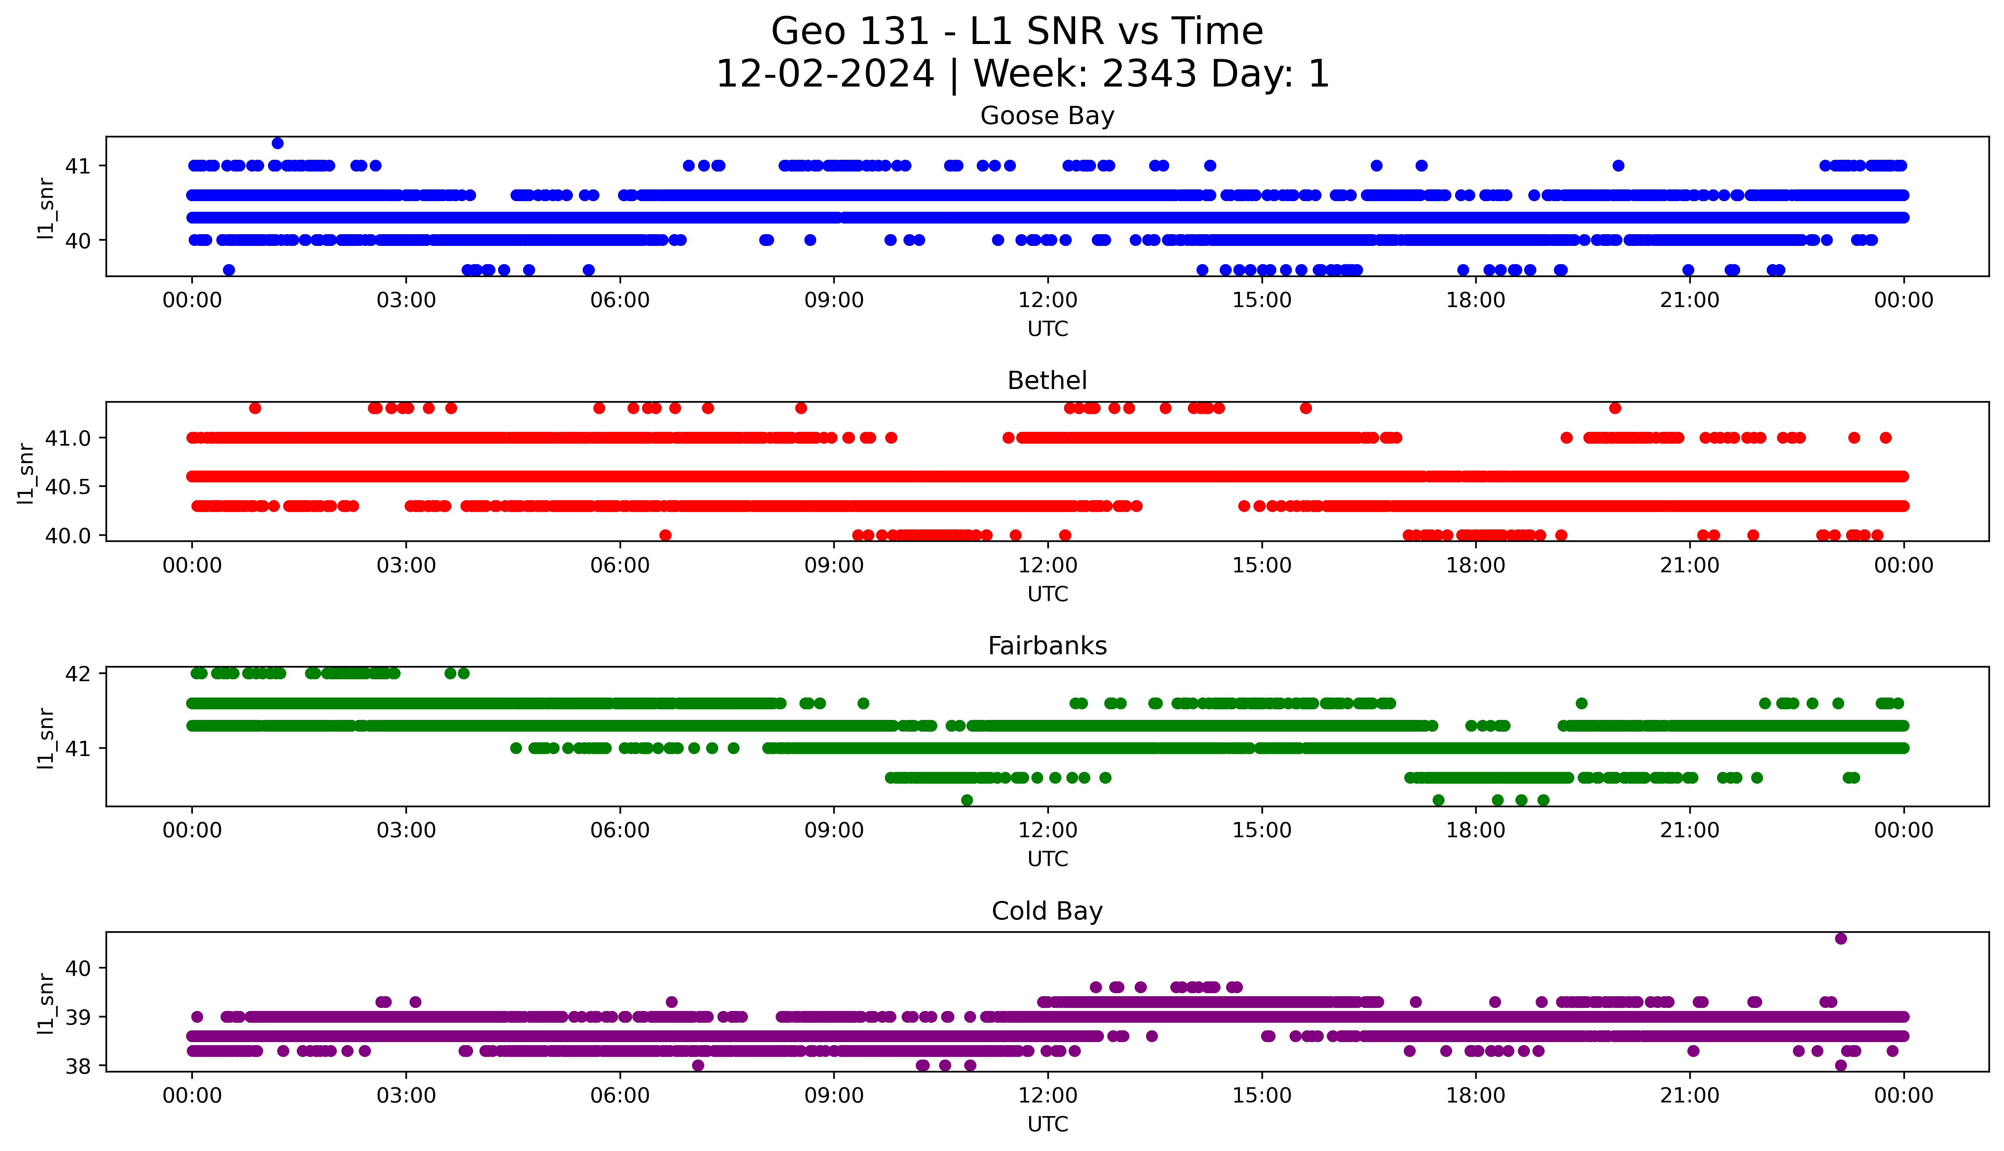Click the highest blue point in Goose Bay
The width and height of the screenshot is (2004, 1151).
pyautogui.click(x=278, y=143)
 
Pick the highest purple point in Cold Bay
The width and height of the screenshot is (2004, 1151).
pyautogui.click(x=1841, y=938)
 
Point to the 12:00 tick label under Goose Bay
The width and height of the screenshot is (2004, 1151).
pyautogui.click(x=1047, y=301)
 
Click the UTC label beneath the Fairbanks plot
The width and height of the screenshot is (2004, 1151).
pyautogui.click(x=1047, y=858)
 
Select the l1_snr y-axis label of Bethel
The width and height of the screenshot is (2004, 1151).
pyautogui.click(x=26, y=473)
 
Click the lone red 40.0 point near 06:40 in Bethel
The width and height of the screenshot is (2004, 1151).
pyautogui.click(x=665, y=535)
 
